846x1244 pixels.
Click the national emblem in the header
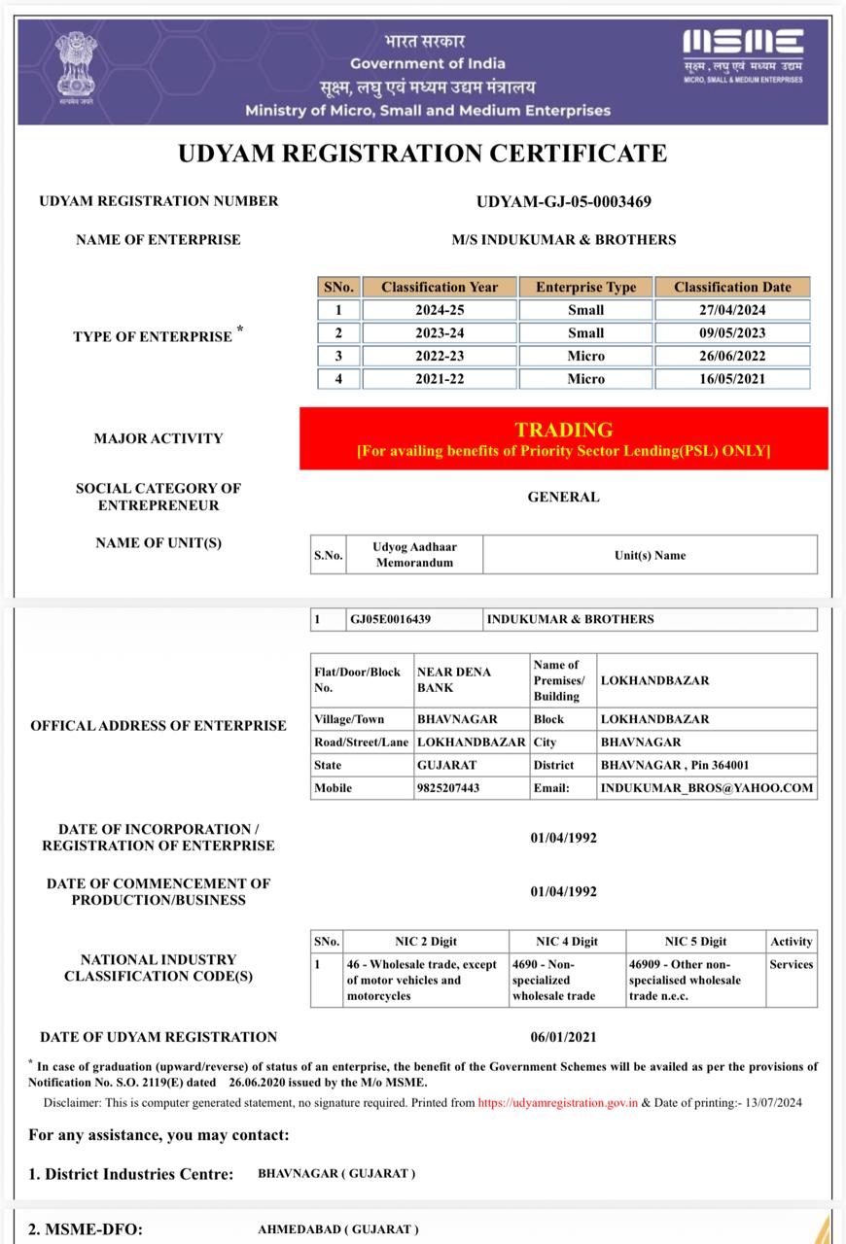tap(75, 67)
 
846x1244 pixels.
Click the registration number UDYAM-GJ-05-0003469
tap(563, 202)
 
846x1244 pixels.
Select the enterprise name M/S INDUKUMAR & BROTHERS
tap(563, 240)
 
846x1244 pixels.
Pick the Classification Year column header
tap(440, 287)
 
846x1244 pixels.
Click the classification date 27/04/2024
tap(732, 310)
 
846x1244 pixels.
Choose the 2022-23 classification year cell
tap(440, 356)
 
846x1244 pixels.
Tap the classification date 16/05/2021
tap(732, 379)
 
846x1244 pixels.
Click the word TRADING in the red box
tap(563, 430)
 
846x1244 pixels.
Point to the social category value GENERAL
tap(563, 497)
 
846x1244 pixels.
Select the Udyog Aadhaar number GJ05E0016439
tap(390, 619)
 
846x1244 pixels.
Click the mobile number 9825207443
tap(447, 788)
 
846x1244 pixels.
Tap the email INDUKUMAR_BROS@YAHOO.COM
tap(706, 788)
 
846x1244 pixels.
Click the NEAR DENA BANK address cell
tap(454, 679)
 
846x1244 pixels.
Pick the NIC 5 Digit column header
tap(695, 941)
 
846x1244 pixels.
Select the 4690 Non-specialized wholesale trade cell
tap(566, 980)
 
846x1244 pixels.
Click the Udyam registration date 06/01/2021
tap(563, 1037)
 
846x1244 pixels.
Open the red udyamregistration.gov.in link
tap(557, 1103)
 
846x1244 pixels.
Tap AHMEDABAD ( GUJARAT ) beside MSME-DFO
tap(337, 1229)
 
